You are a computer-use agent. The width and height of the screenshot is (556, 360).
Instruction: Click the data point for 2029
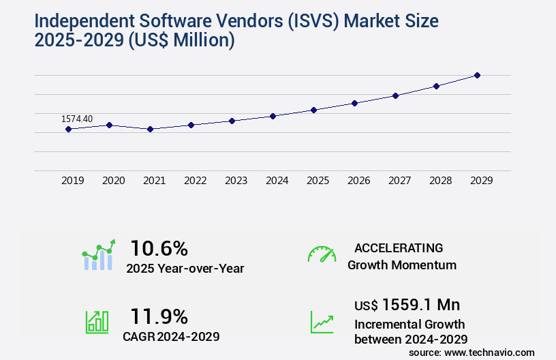pos(477,75)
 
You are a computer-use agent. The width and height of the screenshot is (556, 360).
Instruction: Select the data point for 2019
pos(68,129)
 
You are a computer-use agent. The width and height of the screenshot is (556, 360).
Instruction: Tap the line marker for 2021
pos(150,129)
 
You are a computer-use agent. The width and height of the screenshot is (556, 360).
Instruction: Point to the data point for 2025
pos(313,110)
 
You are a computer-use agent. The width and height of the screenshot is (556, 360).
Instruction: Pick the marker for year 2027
pos(395,95)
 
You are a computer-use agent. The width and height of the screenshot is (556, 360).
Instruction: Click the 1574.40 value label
pos(77,119)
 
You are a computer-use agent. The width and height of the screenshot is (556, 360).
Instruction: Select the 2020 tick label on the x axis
pos(113,181)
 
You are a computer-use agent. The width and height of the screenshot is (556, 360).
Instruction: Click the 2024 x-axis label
pos(277,181)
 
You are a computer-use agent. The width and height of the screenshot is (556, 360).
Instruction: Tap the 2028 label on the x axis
pos(440,181)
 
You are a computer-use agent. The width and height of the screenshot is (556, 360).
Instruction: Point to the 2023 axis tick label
pos(236,181)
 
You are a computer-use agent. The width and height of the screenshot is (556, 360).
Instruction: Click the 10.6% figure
pos(159,248)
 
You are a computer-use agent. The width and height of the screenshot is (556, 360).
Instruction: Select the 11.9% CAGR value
pos(159,316)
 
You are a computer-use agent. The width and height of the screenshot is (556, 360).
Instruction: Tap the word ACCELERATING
pos(399,248)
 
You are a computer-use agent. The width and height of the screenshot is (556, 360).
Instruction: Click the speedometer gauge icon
pos(322,254)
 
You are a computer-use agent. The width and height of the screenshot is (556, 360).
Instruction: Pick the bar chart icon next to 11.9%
pos(96,322)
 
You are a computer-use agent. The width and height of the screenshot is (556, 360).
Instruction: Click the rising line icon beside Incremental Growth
pos(322,322)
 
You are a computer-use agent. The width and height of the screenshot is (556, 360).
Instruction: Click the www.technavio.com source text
pos(489,352)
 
